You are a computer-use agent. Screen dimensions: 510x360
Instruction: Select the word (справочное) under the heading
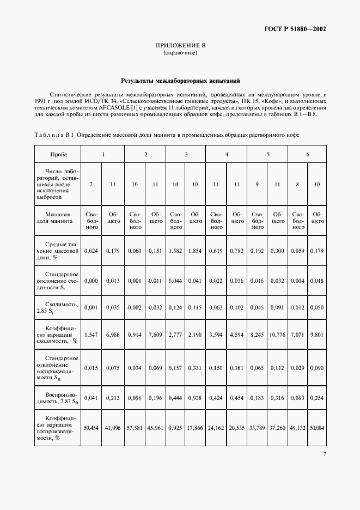click(x=180, y=53)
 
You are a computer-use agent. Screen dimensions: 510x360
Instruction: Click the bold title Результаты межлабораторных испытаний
click(x=180, y=80)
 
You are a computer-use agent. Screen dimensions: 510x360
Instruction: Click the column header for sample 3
click(x=186, y=154)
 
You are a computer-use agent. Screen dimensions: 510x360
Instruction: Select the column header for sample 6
click(x=308, y=154)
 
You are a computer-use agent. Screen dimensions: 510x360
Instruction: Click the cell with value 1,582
click(x=176, y=251)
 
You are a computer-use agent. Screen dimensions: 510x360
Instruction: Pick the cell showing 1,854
click(x=196, y=251)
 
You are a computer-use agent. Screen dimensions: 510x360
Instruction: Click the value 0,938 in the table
click(x=196, y=398)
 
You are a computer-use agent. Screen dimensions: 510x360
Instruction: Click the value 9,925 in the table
click(x=176, y=428)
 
